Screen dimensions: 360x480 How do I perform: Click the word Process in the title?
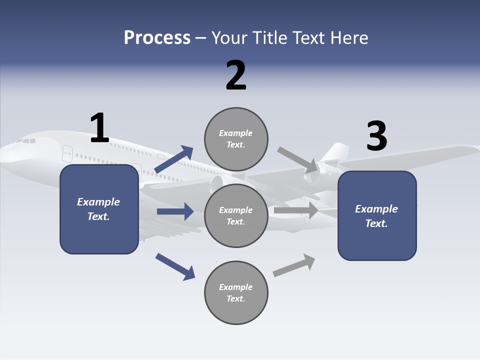(x=157, y=38)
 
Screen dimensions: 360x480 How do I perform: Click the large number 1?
(x=99, y=128)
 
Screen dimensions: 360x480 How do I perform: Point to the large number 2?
(x=236, y=75)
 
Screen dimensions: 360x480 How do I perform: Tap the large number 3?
(x=376, y=136)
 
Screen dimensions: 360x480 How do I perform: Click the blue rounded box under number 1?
(x=99, y=209)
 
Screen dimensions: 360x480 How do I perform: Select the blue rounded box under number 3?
(x=377, y=215)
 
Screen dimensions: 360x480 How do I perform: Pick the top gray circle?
(x=236, y=138)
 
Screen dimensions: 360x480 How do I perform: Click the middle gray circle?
(x=236, y=215)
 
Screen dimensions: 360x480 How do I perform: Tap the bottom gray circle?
(x=236, y=292)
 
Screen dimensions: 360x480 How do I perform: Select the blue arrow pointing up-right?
(x=174, y=159)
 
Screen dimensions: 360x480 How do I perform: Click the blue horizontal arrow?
(x=175, y=211)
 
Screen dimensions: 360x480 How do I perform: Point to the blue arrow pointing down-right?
(x=175, y=266)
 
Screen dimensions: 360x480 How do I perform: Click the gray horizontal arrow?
(x=296, y=210)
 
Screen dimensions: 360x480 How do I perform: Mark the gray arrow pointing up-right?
(x=294, y=265)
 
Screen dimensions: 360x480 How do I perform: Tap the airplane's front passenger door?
(x=67, y=153)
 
